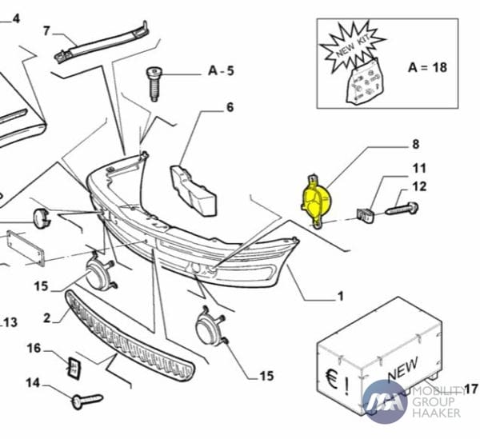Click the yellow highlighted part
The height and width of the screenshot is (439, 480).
tap(314, 201)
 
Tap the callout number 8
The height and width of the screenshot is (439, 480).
tap(415, 145)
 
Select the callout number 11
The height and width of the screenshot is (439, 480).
tap(419, 169)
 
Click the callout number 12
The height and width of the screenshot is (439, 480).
tap(419, 187)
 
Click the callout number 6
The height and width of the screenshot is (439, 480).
tap(230, 106)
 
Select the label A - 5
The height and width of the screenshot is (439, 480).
tap(221, 71)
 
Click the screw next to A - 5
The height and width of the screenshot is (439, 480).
tap(154, 82)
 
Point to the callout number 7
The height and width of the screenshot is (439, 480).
tap(46, 31)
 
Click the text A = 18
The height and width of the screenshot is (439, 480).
tap(428, 67)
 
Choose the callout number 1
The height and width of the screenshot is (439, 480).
tap(340, 297)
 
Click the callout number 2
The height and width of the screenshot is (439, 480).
tap(47, 317)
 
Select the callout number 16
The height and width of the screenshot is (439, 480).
tap(34, 348)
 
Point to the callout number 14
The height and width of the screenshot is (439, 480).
tap(32, 383)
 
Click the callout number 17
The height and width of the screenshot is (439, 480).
tap(470, 389)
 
